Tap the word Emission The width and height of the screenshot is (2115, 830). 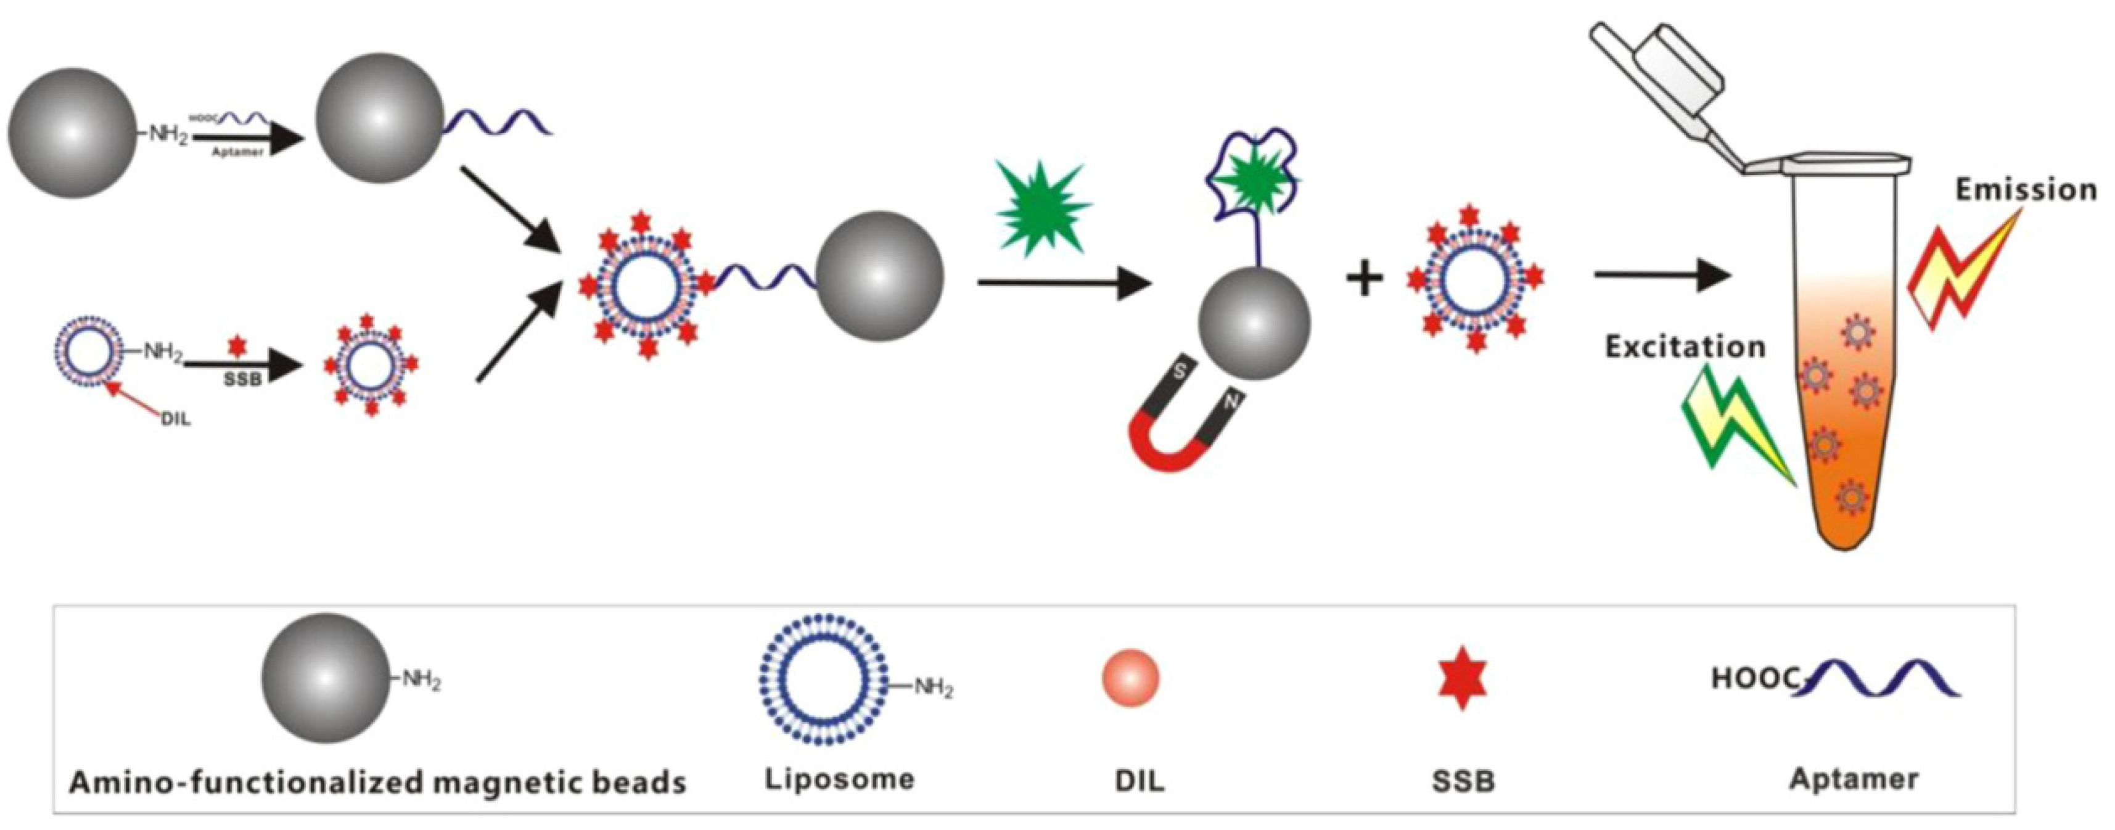tap(2025, 191)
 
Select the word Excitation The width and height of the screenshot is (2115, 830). tap(1685, 347)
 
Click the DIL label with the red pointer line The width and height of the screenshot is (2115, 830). tap(176, 419)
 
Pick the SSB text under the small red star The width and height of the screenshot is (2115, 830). tap(242, 380)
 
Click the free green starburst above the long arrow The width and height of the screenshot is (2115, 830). tap(1043, 207)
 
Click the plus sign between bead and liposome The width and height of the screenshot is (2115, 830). tap(1364, 279)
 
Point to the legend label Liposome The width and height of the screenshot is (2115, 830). tap(839, 778)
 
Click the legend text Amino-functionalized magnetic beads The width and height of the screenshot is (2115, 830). tap(377, 783)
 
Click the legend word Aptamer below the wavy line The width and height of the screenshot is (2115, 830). tap(1854, 778)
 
